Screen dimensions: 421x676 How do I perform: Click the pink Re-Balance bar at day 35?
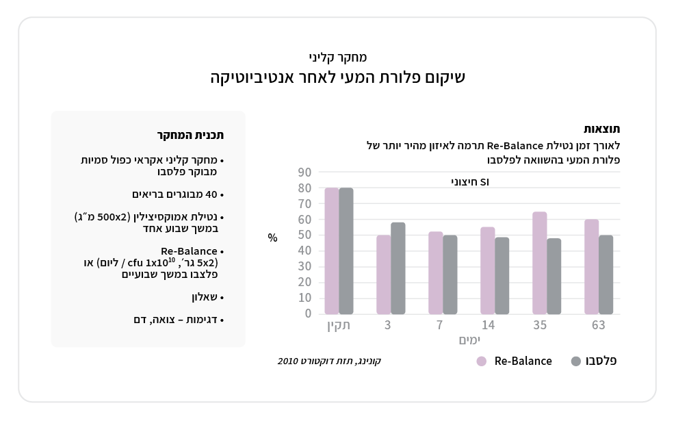(540, 263)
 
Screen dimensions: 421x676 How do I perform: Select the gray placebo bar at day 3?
(398, 268)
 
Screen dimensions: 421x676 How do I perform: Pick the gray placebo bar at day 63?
(606, 275)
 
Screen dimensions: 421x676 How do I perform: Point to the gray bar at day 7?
(450, 275)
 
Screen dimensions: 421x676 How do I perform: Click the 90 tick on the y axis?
(304, 173)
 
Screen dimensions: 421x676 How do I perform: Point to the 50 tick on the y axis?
(304, 235)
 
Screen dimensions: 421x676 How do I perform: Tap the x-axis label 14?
(488, 325)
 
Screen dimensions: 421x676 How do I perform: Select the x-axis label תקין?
(339, 325)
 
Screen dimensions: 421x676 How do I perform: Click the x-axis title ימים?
(469, 340)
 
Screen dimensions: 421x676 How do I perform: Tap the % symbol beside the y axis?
(273, 238)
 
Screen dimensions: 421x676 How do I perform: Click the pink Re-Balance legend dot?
(482, 361)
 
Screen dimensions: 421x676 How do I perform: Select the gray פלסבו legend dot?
(575, 361)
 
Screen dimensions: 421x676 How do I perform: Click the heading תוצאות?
(602, 129)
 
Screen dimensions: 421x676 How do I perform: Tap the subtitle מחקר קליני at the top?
(338, 58)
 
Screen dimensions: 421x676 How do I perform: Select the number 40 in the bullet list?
(211, 194)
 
